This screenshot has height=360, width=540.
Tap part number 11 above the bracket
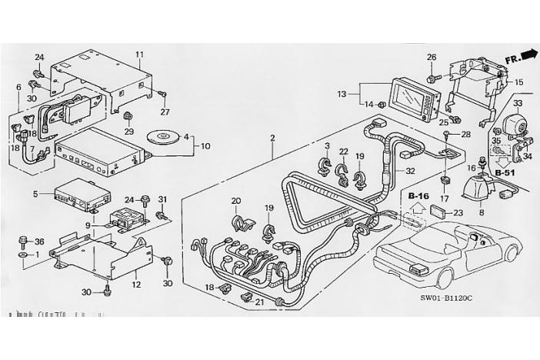[139, 54]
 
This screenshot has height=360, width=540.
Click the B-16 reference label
[418, 196]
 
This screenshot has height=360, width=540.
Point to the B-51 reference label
[505, 174]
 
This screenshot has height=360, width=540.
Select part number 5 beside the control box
[35, 194]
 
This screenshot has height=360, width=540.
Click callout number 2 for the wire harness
[272, 138]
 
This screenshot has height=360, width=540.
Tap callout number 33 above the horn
[518, 102]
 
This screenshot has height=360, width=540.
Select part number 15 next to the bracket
[518, 82]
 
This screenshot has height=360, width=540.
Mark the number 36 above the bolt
[18, 242]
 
